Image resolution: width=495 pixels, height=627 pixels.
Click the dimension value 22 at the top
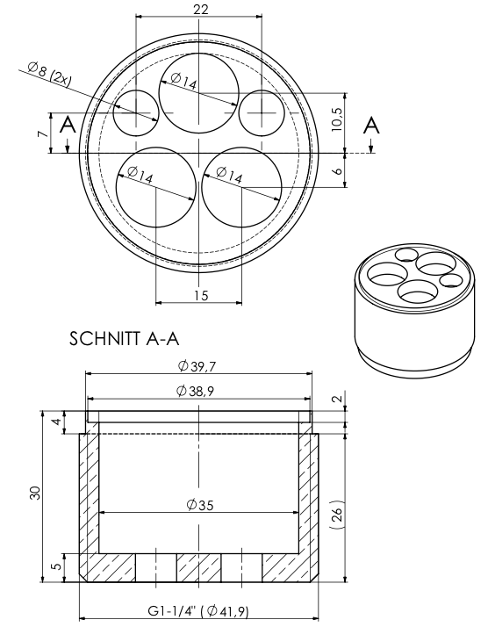(x=200, y=9)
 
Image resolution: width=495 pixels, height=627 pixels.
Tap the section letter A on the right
(x=372, y=125)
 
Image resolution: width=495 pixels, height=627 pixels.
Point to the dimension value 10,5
(x=337, y=113)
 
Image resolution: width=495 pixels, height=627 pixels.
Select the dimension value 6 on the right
(x=337, y=170)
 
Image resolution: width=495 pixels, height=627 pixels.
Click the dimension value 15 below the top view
(x=200, y=295)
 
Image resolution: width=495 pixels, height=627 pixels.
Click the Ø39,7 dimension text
(x=197, y=365)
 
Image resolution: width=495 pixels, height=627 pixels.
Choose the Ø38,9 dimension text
(x=197, y=391)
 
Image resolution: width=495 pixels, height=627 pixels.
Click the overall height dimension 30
(x=34, y=494)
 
